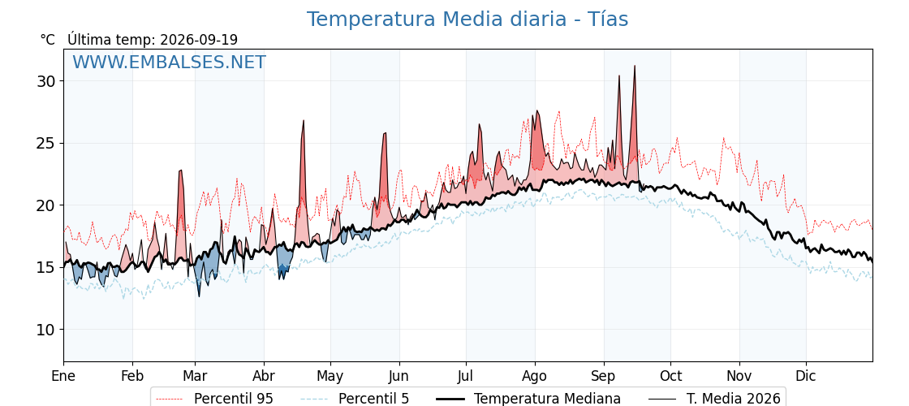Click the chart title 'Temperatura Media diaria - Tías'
tap(467, 19)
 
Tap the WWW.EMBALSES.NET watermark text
tap(170, 62)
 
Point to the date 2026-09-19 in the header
tap(199, 40)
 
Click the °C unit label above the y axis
tap(48, 40)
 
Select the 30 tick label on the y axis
tap(45, 81)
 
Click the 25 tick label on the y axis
tap(45, 143)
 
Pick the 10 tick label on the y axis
tap(45, 330)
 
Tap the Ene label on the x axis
tap(64, 376)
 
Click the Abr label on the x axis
tap(264, 376)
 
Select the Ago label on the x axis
tap(535, 376)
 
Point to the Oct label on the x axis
tap(670, 376)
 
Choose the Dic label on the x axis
tap(806, 376)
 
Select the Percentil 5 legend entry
tap(355, 399)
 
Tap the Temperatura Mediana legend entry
tap(527, 399)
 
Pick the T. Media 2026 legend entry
tap(714, 399)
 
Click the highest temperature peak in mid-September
tap(635, 66)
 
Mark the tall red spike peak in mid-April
tap(304, 121)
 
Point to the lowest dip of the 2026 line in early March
tap(199, 296)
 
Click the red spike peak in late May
tap(385, 133)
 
